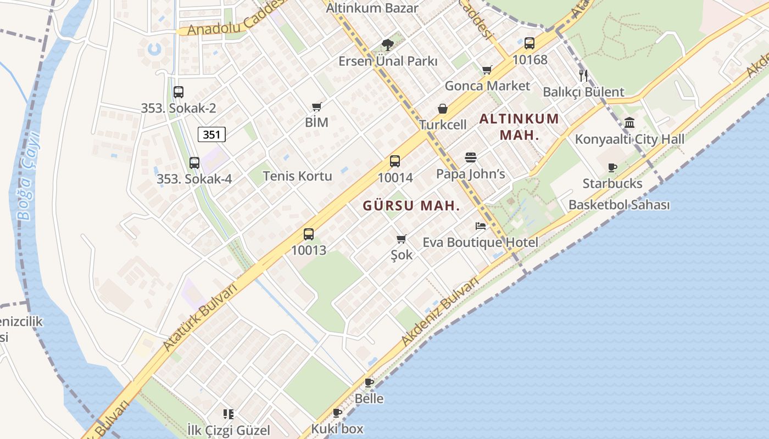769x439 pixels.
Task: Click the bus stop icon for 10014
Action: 394,161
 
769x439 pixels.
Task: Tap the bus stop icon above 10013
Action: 309,234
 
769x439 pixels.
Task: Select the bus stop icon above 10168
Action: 530,43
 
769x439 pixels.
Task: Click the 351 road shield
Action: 211,134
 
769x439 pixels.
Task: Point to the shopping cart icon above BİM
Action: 316,106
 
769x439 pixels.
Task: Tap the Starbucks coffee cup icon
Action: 612,167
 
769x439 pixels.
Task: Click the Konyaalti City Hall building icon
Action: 629,123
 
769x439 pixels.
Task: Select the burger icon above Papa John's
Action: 471,157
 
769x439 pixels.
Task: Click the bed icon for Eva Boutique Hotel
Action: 481,226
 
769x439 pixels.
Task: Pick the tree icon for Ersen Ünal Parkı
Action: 388,44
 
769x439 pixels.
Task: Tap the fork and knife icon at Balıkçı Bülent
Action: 583,76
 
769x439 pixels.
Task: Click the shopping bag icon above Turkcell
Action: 443,109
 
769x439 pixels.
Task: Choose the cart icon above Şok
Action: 401,239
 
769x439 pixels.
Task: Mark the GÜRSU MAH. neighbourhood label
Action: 411,206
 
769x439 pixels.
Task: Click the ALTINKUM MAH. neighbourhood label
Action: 519,127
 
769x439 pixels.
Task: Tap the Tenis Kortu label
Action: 297,176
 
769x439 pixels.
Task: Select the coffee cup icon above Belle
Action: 369,382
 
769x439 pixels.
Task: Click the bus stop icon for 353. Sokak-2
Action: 179,92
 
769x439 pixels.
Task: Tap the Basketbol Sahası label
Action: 619,205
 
